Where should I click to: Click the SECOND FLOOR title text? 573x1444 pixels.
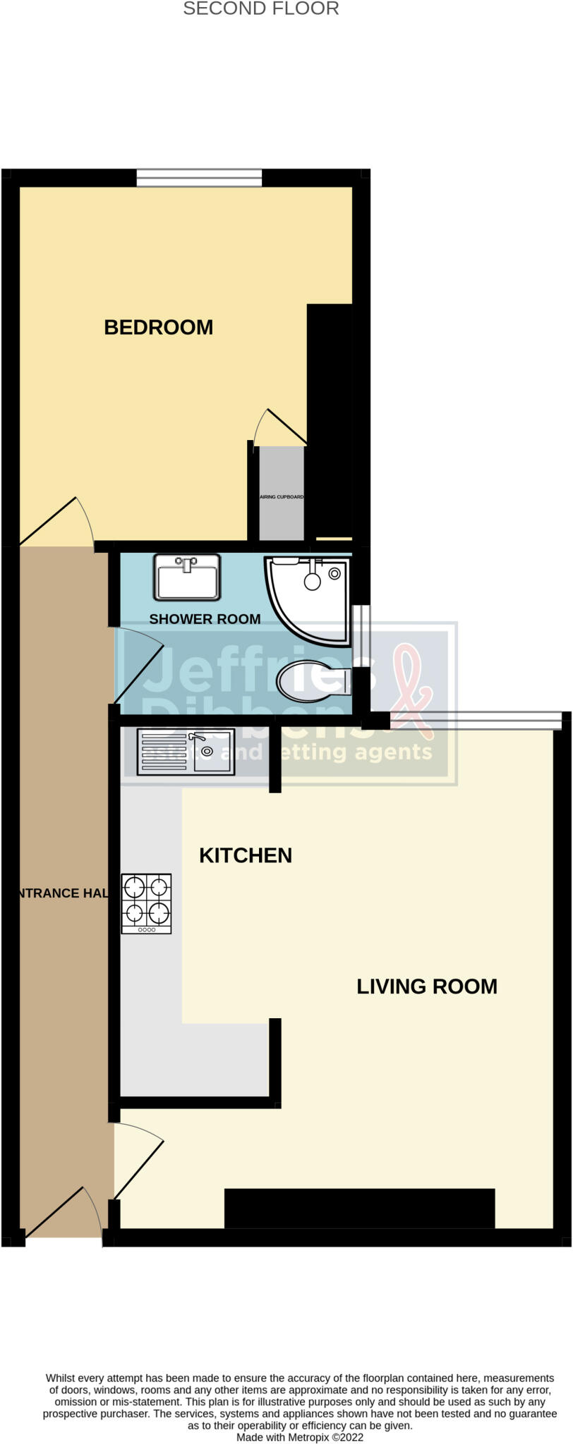[261, 9]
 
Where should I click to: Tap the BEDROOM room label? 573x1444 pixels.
[158, 327]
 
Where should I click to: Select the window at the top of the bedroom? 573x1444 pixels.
[199, 178]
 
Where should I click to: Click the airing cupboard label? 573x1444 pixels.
[282, 497]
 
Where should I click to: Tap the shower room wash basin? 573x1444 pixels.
[187, 577]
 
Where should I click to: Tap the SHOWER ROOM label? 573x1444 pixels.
[205, 619]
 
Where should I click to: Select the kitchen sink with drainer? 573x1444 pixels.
[185, 752]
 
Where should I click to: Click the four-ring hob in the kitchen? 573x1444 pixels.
[147, 903]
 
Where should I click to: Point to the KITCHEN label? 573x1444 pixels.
[246, 855]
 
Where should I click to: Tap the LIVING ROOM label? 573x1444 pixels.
[426, 986]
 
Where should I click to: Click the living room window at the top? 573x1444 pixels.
[476, 721]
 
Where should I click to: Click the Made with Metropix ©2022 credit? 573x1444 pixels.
[300, 1436]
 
